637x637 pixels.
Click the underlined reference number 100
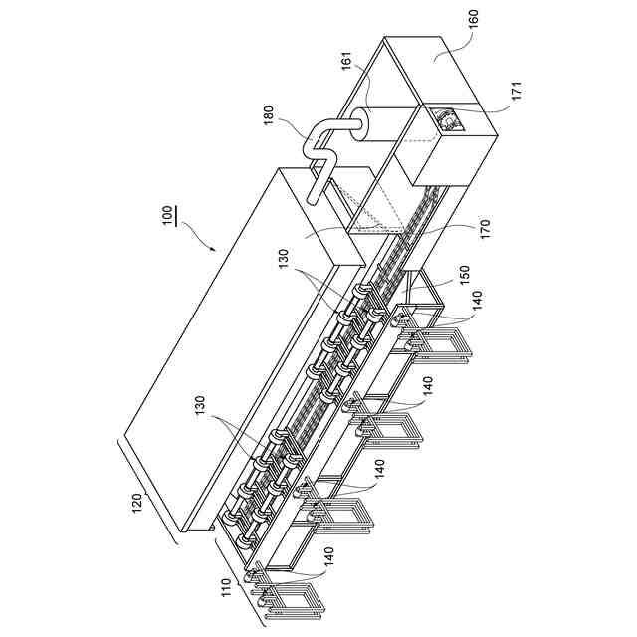pyautogui.click(x=170, y=214)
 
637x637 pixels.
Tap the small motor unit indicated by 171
pyautogui.click(x=447, y=120)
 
